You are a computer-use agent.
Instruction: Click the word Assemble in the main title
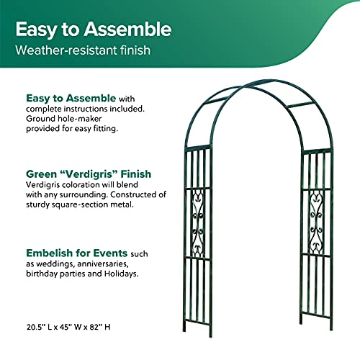pos(127,30)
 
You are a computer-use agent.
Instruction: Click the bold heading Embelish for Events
pos(78,253)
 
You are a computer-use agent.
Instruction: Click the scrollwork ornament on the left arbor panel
pos(199,223)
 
